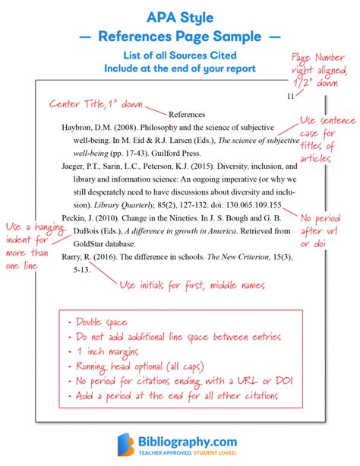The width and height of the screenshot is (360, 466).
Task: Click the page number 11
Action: tap(289, 97)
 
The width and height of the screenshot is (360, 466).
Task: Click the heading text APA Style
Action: tap(180, 15)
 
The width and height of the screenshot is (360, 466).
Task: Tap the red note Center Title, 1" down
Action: tap(96, 101)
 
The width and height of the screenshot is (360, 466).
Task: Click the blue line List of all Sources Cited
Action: tap(180, 55)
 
